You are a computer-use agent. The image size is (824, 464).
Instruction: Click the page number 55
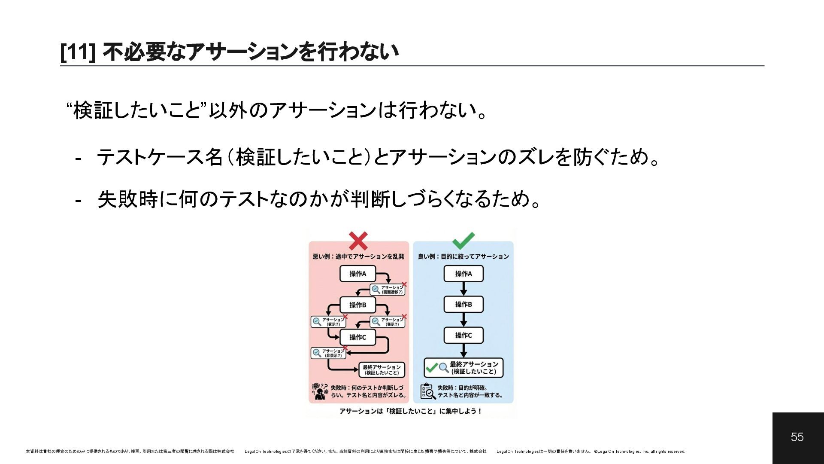(797, 437)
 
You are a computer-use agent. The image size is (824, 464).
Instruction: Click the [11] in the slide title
(77, 52)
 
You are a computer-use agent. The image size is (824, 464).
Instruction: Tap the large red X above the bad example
(358, 241)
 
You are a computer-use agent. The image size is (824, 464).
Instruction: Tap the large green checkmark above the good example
(463, 241)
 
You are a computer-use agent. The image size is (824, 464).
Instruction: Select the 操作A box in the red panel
(357, 274)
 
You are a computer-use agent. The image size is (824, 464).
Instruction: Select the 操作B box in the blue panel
(463, 304)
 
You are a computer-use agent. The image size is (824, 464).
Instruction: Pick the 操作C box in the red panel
(357, 337)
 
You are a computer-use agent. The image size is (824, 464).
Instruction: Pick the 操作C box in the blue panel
(463, 335)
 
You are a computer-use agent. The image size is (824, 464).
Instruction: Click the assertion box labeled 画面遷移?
(388, 290)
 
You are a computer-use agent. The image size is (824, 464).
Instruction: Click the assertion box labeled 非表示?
(329, 353)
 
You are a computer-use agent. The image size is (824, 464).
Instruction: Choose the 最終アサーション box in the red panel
(382, 369)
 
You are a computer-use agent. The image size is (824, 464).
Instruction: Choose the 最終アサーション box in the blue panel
(463, 368)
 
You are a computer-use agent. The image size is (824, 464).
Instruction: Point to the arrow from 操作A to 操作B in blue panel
(463, 289)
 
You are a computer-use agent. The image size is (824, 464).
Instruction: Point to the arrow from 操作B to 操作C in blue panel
(463, 320)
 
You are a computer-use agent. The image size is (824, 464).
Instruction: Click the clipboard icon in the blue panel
(427, 391)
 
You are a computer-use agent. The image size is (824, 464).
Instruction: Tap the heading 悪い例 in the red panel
(321, 256)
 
